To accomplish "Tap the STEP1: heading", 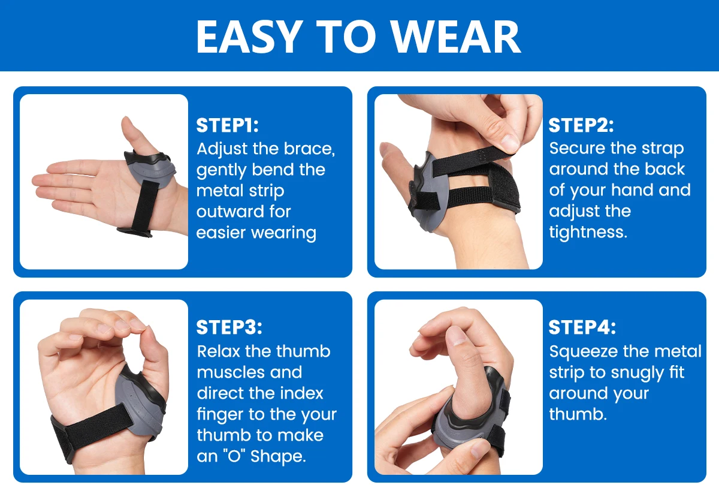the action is coord(227,125).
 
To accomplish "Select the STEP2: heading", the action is coord(581,125).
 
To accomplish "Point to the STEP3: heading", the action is coord(229,327).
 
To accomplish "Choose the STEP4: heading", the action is coord(582,327).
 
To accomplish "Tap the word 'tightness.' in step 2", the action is coord(588,232).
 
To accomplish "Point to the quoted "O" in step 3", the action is coord(234,456).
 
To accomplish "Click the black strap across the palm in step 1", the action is coord(145,205).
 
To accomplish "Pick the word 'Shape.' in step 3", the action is coord(278,456).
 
